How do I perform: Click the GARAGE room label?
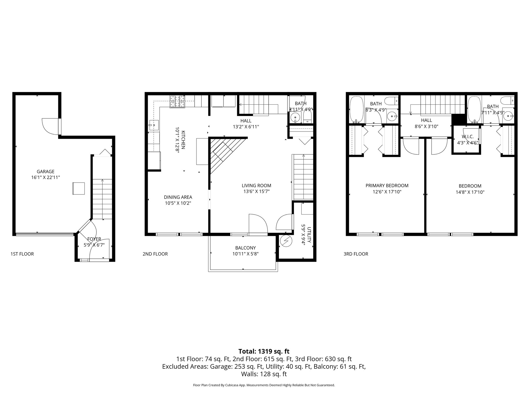tap(45, 171)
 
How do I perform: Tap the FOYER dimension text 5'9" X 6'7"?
tap(94, 245)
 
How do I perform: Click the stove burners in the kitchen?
tap(177, 102)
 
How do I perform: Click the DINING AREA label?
tap(178, 197)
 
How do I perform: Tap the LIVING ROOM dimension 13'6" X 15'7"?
tap(256, 191)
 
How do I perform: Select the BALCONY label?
tap(245, 248)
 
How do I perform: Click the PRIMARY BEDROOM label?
tap(387, 185)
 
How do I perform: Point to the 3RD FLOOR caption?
tap(356, 254)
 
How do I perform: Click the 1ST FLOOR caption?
tap(22, 254)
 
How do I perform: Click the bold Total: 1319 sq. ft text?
tap(264, 351)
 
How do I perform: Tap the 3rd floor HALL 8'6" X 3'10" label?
tap(426, 123)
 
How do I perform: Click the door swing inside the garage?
tap(50, 126)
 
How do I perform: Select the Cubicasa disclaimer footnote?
tap(264, 385)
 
